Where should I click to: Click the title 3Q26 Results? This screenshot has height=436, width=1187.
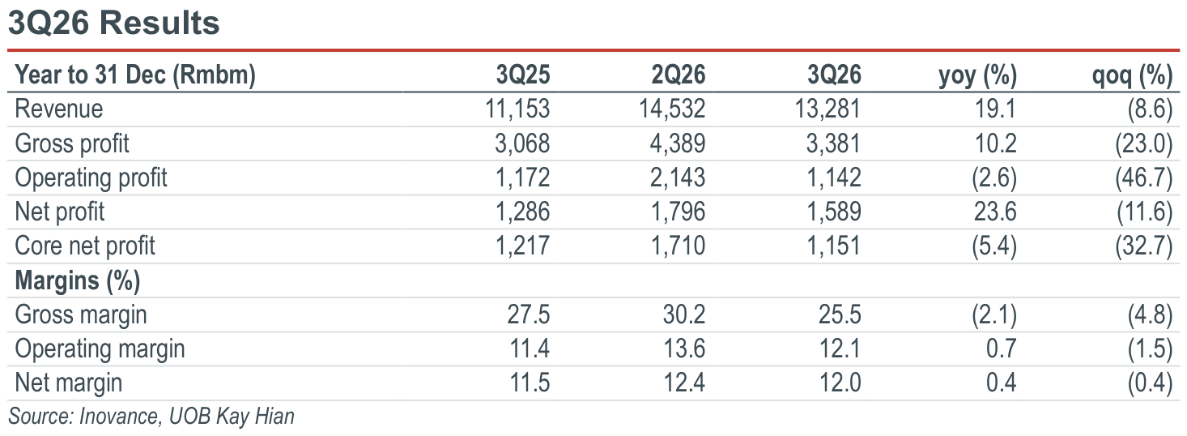pos(113,23)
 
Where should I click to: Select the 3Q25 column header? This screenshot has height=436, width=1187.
pos(522,75)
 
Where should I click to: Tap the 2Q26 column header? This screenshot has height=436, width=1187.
pos(678,75)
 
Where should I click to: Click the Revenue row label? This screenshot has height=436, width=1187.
pos(59,109)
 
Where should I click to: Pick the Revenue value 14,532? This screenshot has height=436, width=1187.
pos(672,109)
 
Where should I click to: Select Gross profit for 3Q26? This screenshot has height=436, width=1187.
pos(833,143)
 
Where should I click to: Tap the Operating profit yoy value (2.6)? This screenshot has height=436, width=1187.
pos(994,177)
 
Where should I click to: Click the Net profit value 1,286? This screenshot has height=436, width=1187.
pos(522,212)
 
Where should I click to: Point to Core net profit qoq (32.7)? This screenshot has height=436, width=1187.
pos(1143,246)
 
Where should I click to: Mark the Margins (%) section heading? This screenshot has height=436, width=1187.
pos(78,280)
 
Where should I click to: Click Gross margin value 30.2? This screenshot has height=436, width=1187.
pos(683,314)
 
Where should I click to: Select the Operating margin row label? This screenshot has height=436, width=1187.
pos(100,349)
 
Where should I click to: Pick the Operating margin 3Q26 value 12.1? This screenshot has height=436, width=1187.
pos(840,349)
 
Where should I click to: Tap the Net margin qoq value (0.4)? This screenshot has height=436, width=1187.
pos(1150,383)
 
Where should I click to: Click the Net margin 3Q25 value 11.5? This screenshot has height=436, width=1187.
pos(530,383)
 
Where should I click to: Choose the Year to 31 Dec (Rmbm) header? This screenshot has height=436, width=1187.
pos(135,75)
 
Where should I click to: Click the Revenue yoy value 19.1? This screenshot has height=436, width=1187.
pos(995,109)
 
